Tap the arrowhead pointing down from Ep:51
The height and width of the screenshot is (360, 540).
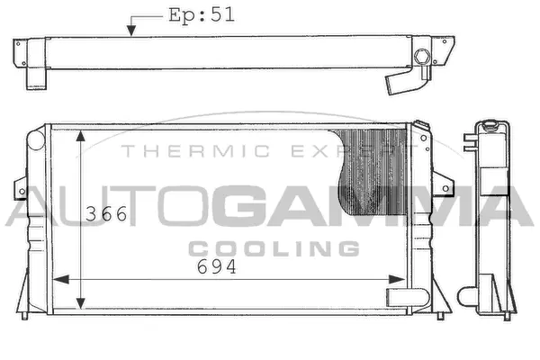[131, 32]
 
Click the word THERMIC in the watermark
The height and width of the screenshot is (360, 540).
[173, 152]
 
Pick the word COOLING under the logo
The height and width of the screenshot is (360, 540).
[274, 247]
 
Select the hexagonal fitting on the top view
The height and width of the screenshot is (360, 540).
[421, 59]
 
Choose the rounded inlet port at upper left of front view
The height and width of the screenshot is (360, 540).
[35, 140]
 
